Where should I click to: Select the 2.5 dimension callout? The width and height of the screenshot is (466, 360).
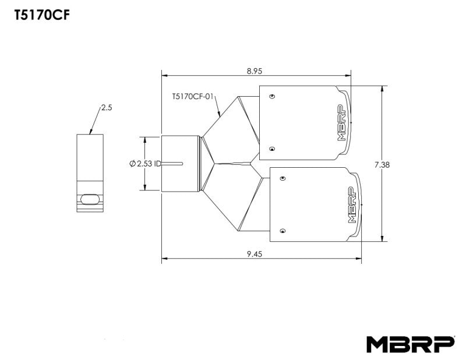[106, 108]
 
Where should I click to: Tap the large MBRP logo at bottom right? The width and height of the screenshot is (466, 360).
[410, 344]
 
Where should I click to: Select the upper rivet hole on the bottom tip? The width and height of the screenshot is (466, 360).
[283, 177]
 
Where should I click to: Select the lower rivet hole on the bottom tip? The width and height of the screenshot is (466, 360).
[283, 230]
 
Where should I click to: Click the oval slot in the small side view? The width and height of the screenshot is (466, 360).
[90, 199]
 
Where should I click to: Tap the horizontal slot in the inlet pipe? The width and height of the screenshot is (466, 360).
[174, 163]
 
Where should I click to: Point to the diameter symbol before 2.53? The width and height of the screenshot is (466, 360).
[133, 164]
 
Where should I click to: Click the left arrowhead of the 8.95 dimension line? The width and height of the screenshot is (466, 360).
[164, 75]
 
